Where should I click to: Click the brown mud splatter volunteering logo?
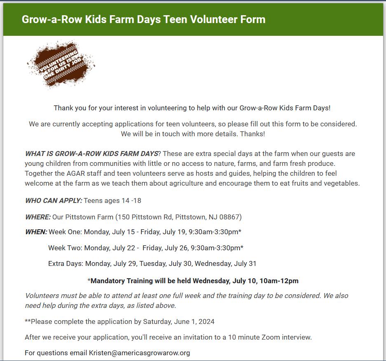61,64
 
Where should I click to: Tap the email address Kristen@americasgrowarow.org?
139,353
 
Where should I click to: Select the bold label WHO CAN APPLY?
54,201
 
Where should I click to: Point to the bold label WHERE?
38,217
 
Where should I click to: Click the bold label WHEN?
36,232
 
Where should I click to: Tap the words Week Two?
65,248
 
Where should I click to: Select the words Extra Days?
66,263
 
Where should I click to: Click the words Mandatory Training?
122,281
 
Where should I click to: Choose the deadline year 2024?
206,321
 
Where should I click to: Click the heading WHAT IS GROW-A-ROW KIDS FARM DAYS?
91,154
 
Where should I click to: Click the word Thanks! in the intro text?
252,134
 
